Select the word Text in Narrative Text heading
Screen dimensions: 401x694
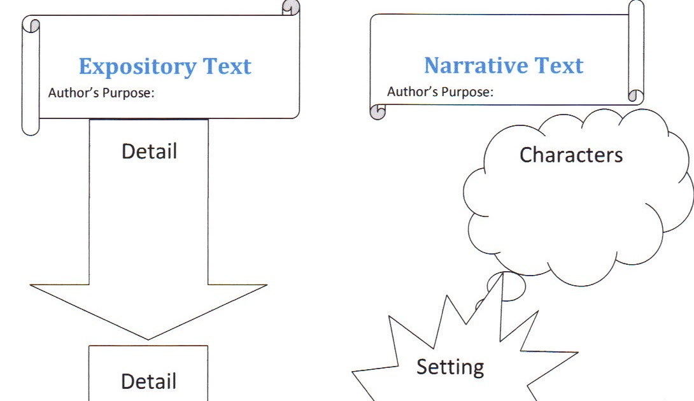tap(558, 66)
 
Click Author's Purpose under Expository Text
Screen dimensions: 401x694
tap(101, 93)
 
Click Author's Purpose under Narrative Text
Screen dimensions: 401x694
tap(440, 92)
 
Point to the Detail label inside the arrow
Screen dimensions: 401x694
tap(149, 151)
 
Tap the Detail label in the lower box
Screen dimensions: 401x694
tap(149, 381)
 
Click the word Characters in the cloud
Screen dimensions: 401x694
tap(571, 155)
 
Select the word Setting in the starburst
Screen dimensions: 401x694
tap(450, 367)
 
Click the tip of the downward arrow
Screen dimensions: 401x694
tap(149, 339)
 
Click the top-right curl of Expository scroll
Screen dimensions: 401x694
tap(291, 8)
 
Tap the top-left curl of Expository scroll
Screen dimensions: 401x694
tap(31, 25)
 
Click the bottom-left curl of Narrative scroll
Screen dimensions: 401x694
tap(378, 112)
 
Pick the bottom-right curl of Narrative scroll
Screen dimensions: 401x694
tap(635, 96)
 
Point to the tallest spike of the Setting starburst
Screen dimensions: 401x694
tap(502, 275)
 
